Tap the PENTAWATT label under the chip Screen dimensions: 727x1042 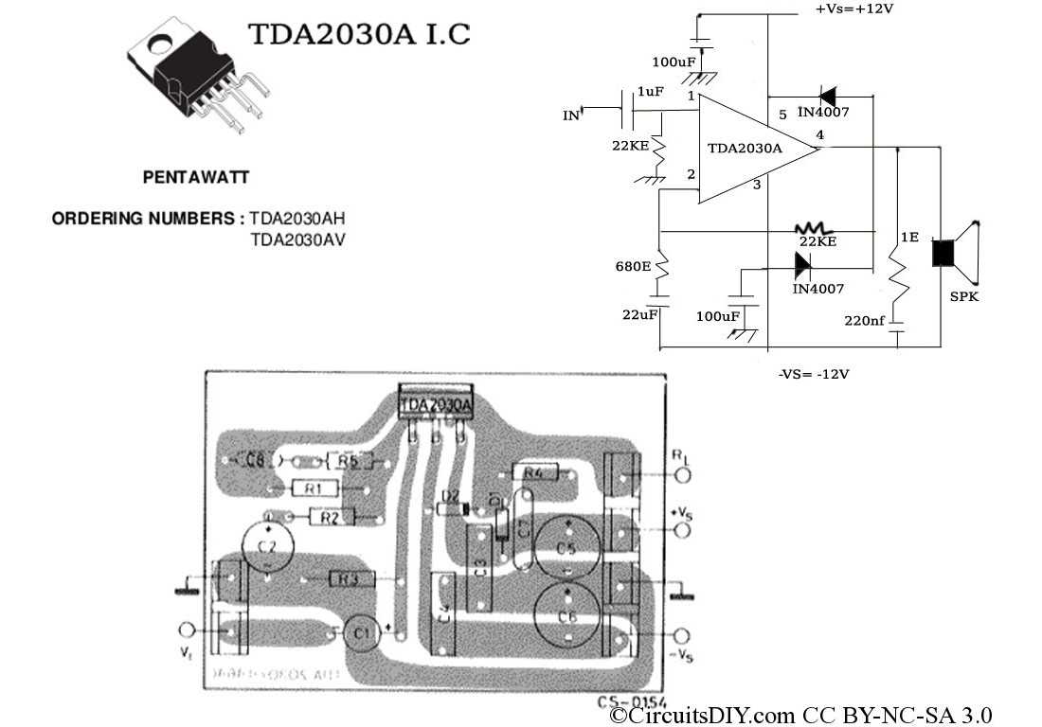[196, 177]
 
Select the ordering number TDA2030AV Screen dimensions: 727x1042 [297, 239]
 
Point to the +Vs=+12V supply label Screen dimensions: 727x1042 [854, 9]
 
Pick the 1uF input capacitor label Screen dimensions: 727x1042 [650, 91]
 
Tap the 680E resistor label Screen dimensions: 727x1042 [633, 266]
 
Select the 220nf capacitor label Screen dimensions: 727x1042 [864, 321]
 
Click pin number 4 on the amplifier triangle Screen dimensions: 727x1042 [819, 135]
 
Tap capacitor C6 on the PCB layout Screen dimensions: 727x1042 [566, 614]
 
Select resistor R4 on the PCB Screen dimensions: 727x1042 [533, 471]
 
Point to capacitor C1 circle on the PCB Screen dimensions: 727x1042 [360, 632]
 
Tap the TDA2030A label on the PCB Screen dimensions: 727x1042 [436, 404]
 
